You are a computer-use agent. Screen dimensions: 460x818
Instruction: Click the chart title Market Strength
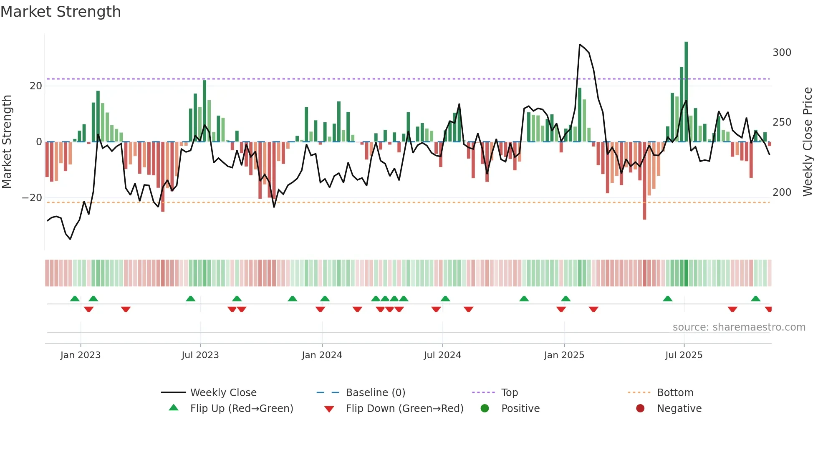pos(61,12)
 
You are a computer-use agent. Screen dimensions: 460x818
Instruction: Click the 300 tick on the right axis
pos(782,53)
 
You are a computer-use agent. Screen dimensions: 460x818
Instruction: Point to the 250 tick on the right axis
pos(782,122)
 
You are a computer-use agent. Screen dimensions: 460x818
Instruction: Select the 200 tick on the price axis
pos(782,192)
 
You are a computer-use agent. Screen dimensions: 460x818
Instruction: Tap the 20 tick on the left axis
pos(36,86)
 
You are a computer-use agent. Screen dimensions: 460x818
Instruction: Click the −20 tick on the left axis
pos(32,198)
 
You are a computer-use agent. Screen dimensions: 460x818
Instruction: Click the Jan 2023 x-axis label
pos(81,355)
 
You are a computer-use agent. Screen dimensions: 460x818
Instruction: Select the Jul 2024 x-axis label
pos(442,355)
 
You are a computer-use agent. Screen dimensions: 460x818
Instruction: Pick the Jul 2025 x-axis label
pos(684,355)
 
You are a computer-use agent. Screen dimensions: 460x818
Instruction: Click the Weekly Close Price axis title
pos(808,142)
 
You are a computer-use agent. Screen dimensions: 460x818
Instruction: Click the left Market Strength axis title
pos(7,142)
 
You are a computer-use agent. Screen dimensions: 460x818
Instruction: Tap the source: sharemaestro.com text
pos(739,327)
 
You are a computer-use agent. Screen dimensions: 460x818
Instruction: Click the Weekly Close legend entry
pos(223,393)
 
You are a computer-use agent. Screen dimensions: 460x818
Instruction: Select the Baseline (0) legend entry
pos(375,393)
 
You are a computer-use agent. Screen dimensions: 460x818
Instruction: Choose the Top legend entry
pos(509,393)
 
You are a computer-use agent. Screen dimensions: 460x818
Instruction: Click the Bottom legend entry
pos(675,393)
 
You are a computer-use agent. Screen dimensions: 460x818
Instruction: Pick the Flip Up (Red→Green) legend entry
pos(241,409)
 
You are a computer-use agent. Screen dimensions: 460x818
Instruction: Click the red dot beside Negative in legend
pos(640,408)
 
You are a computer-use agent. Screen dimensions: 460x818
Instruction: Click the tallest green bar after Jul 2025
pos(686,92)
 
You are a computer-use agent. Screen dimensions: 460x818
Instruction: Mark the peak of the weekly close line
pos(580,44)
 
